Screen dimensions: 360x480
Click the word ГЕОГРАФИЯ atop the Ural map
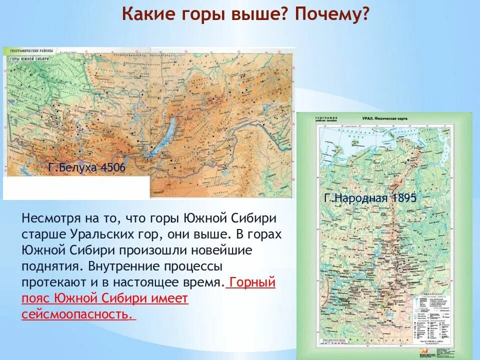(x=326, y=117)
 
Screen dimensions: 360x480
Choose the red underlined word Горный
(x=252, y=282)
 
